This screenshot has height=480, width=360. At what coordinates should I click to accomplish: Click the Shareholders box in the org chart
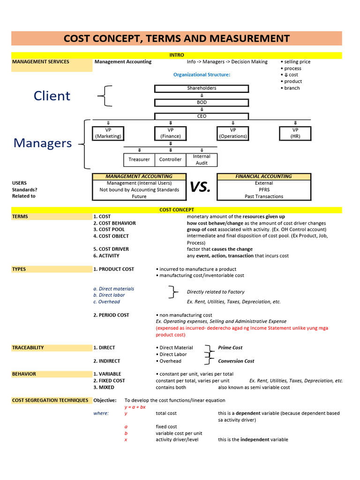tap(202, 88)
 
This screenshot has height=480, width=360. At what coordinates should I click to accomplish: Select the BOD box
tap(202, 102)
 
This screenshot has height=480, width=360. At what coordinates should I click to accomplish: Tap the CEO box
tap(202, 116)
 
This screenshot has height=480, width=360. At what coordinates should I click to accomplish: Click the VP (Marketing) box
tap(108, 133)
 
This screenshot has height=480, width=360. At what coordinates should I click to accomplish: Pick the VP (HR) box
tap(295, 133)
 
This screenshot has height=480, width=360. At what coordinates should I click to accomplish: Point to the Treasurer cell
tap(139, 159)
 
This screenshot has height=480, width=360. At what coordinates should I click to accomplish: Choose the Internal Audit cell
tap(202, 159)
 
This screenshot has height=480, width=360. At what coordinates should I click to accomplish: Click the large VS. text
tap(201, 187)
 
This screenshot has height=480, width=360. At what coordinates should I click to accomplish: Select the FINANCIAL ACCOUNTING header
tap(263, 177)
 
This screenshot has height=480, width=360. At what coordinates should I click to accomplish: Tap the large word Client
tap(52, 96)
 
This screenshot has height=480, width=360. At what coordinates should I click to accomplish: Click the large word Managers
tap(43, 143)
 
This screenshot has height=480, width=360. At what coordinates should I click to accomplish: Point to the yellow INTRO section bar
tap(177, 55)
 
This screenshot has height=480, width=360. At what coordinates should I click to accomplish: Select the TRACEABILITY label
tap(28, 348)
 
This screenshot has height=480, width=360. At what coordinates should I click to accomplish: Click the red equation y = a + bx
tap(135, 407)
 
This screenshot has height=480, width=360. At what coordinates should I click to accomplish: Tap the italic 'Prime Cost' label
tap(230, 348)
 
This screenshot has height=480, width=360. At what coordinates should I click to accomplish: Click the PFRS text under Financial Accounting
tap(264, 190)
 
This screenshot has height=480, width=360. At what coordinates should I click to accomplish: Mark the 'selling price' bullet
tap(297, 62)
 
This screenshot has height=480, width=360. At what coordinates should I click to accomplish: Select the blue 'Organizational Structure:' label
tap(202, 75)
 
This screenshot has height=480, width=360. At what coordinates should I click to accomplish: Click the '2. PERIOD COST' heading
tap(111, 315)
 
